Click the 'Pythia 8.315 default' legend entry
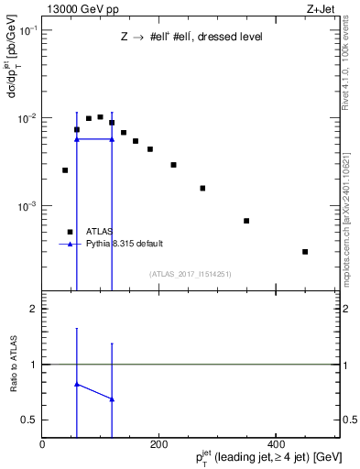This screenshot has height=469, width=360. [125, 244]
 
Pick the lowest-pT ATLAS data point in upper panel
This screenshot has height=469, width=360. [65, 170]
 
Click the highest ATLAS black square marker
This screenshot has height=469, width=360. [100, 117]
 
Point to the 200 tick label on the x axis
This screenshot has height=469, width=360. [158, 444]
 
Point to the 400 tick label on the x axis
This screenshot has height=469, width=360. [275, 444]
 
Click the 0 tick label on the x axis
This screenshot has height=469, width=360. [42, 444]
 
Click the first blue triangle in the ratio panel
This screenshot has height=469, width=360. [76, 385]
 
